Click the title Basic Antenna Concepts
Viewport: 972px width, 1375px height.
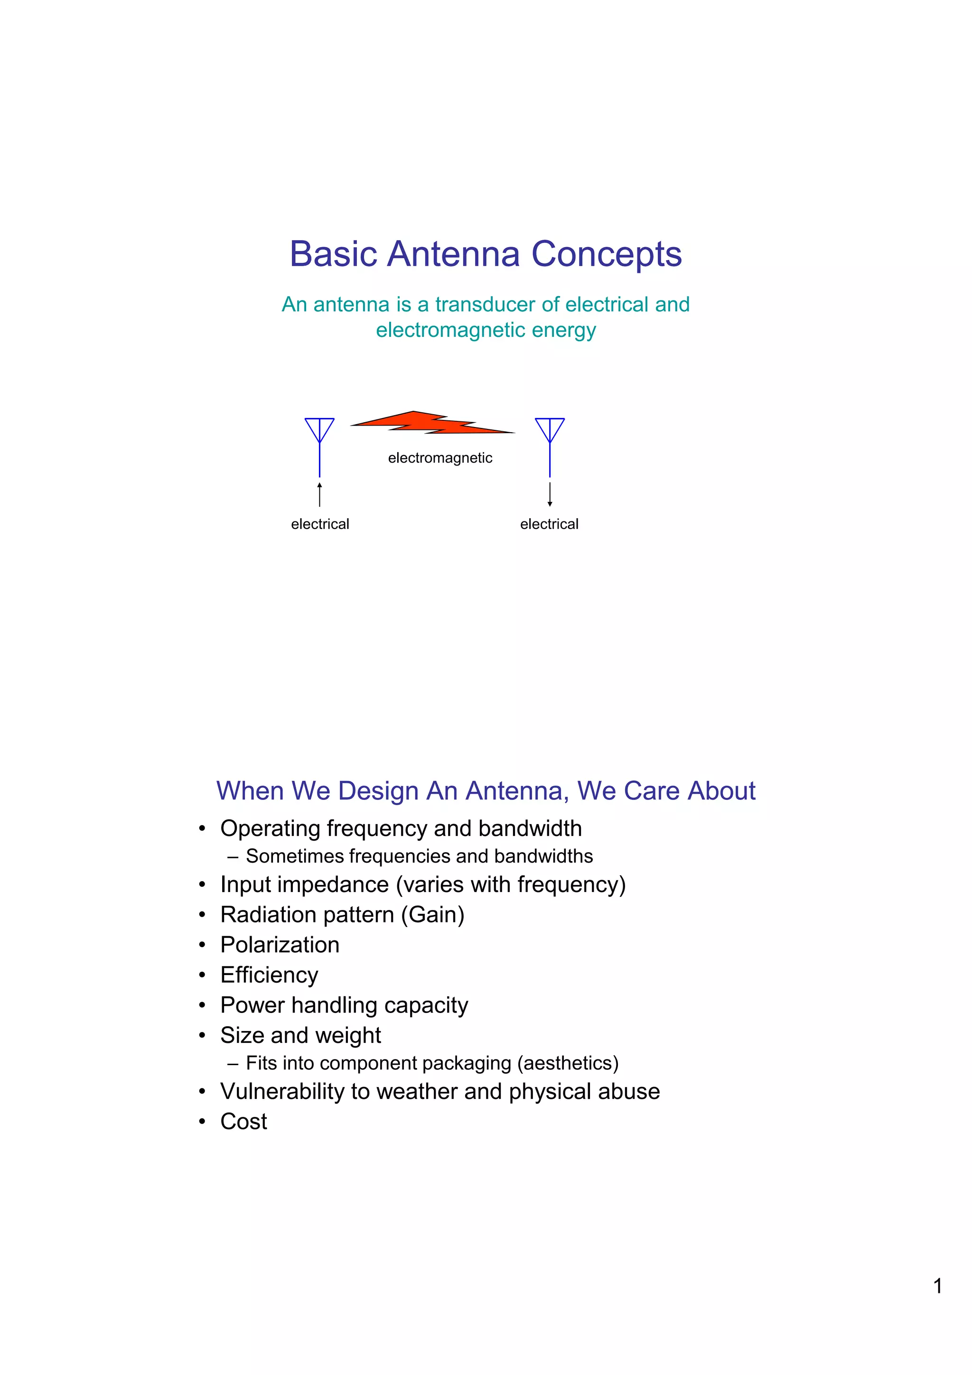(x=485, y=254)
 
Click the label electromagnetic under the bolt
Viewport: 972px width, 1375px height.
(x=439, y=458)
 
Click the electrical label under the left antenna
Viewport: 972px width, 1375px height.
(x=320, y=525)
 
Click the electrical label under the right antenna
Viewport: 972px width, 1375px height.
(x=549, y=525)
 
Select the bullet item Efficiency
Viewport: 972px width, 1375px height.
(x=269, y=975)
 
